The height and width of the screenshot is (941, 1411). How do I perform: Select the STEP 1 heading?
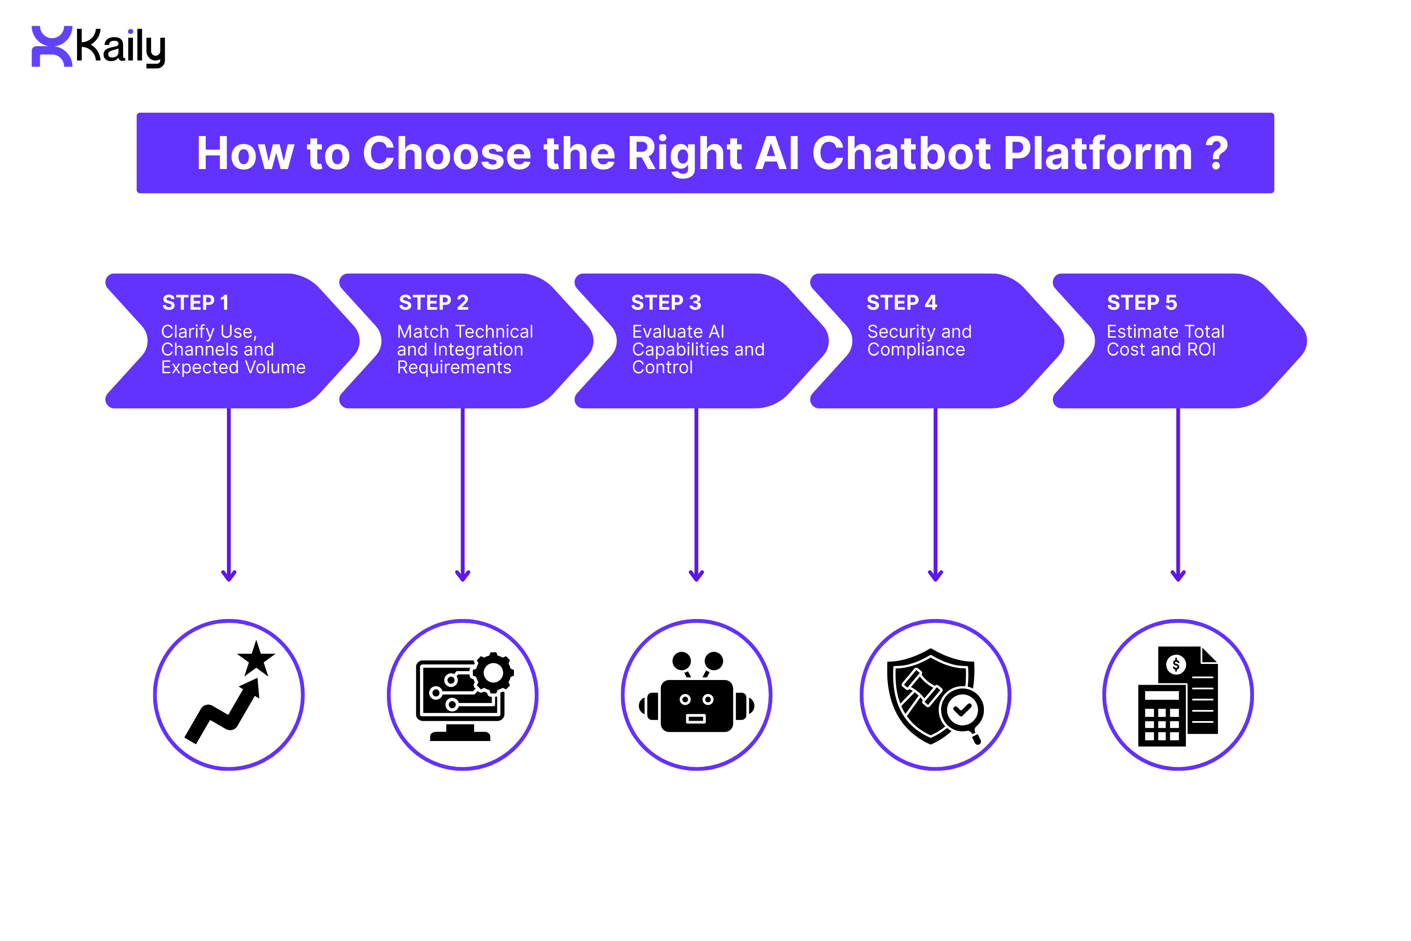(196, 303)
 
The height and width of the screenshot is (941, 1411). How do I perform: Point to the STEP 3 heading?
(665, 303)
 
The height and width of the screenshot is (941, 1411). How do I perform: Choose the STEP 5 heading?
(1141, 303)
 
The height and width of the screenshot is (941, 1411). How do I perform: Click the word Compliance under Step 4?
(916, 349)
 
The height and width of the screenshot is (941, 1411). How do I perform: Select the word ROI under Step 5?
(1201, 349)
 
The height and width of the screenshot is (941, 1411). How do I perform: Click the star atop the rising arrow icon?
(256, 659)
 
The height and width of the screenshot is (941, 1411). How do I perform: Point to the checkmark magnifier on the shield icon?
(961, 711)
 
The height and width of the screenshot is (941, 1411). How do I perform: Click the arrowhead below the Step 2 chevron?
(462, 575)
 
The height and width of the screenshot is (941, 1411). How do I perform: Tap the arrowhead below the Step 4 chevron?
(935, 575)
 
